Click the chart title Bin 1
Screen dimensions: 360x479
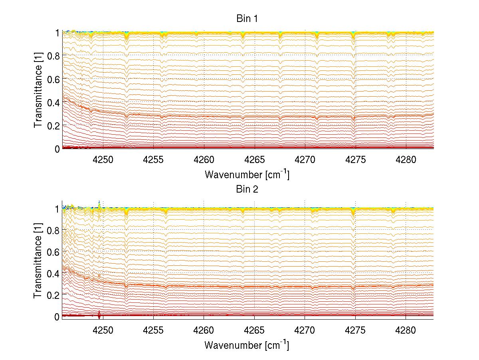pyautogui.click(x=247, y=19)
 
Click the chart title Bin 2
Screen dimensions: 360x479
pyautogui.click(x=247, y=189)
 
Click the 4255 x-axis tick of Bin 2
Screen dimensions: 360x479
pyautogui.click(x=154, y=328)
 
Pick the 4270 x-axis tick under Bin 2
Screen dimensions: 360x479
pyautogui.click(x=305, y=328)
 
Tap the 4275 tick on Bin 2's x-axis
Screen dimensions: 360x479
pyautogui.click(x=355, y=328)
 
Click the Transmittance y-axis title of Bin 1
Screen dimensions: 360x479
pyautogui.click(x=38, y=90)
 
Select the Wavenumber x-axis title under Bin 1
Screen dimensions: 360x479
pyautogui.click(x=247, y=175)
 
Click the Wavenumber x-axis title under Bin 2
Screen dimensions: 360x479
pyautogui.click(x=247, y=345)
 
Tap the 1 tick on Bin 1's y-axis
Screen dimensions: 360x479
pyautogui.click(x=57, y=32)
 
